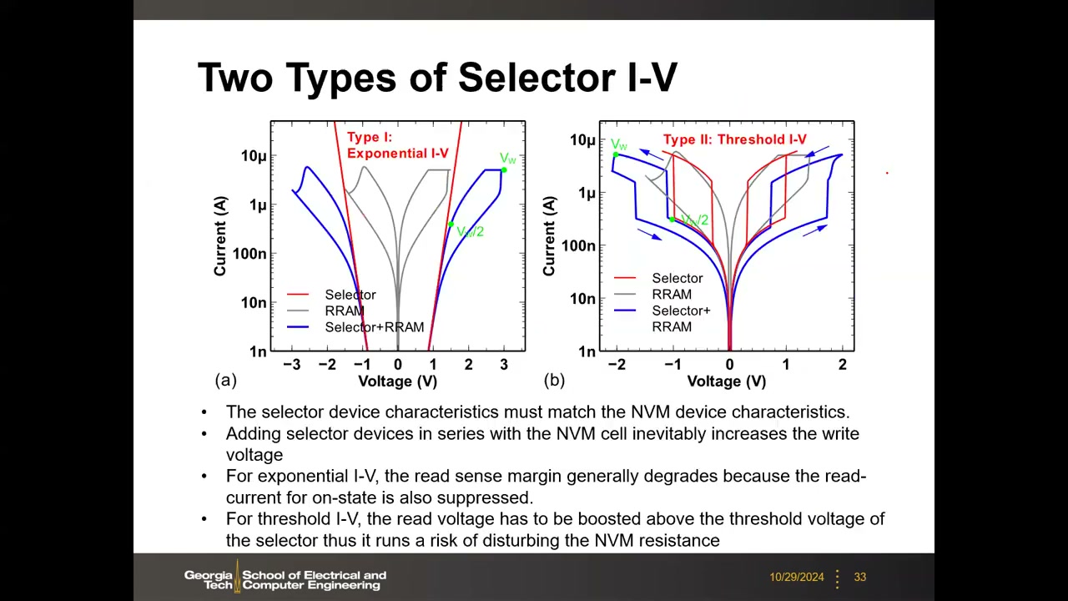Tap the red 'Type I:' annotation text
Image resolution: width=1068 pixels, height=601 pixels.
coord(370,138)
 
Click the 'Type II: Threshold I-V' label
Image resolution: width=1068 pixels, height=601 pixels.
coord(735,139)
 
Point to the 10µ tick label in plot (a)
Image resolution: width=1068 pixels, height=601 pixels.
coord(254,156)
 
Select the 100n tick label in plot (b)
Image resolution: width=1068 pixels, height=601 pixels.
coord(579,245)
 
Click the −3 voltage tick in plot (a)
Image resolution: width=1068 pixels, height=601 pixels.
coord(292,365)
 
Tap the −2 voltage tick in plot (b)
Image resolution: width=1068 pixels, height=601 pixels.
coord(617,365)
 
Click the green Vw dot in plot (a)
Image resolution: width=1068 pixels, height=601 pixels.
coord(504,169)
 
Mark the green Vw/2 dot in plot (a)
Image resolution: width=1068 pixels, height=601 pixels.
coord(451,225)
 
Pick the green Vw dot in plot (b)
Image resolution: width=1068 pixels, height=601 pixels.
coord(616,154)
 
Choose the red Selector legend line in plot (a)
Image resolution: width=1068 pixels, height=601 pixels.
coord(298,295)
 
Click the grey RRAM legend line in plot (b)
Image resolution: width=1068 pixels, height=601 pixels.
coord(625,295)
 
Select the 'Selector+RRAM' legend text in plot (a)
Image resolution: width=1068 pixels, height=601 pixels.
coord(375,327)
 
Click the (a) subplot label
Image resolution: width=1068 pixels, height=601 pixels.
coord(225,380)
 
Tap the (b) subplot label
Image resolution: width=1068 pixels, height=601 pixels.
coord(554,380)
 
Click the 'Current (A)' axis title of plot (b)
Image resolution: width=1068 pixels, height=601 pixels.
coord(549,235)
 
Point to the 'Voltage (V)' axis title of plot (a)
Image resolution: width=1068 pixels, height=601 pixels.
coord(398,381)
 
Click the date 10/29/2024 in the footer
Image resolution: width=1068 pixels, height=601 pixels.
coord(796,577)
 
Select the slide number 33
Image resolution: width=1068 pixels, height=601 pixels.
coord(859,577)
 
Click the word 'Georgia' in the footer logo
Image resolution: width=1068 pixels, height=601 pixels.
coord(208,575)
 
